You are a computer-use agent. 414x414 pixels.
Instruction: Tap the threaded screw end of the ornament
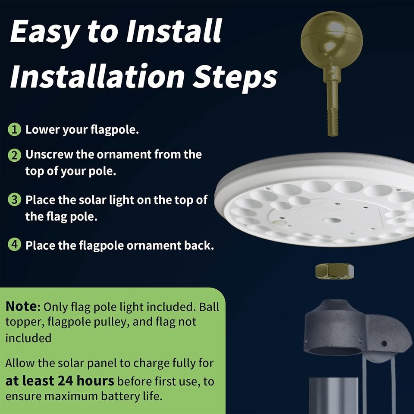332,123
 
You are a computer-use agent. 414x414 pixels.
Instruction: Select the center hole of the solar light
332,220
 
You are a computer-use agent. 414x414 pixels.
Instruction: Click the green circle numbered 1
15,129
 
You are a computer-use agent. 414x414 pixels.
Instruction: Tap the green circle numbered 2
15,155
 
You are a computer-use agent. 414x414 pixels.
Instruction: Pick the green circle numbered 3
15,201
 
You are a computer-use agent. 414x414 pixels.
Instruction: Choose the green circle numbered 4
15,245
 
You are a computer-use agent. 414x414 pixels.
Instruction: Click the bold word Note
22,307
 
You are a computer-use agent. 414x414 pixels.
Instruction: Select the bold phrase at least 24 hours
60,381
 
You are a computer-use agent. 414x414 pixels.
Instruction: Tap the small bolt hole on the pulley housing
384,343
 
